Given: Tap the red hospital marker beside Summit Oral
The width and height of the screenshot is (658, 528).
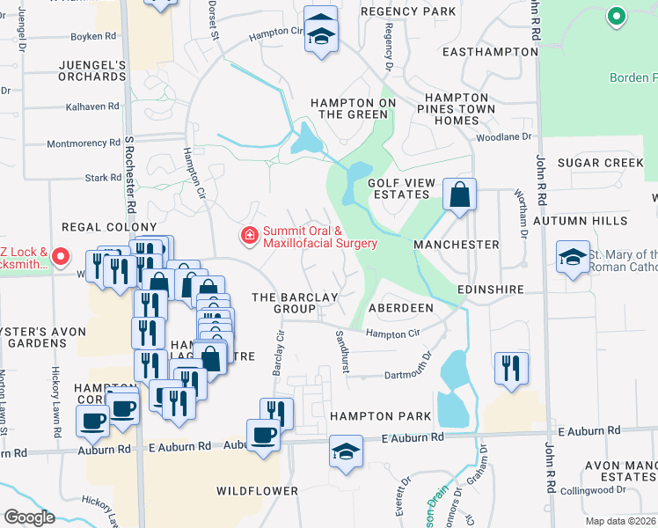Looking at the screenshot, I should click(x=250, y=234).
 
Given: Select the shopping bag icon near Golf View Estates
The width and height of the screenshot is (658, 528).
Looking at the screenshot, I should click(x=459, y=194).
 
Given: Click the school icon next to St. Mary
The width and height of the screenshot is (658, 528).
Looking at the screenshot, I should click(x=573, y=258).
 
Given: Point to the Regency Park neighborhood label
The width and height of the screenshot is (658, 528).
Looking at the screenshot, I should click(x=408, y=11).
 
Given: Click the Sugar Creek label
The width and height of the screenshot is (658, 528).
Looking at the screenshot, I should click(x=600, y=163).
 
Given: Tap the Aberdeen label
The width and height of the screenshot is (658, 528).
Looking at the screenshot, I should click(x=400, y=308).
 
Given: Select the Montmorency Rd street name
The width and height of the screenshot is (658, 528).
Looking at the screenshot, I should click(x=83, y=143).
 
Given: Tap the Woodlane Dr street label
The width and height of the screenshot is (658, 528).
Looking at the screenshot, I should click(x=505, y=137).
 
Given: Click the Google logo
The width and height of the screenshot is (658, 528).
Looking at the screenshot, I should click(x=29, y=517).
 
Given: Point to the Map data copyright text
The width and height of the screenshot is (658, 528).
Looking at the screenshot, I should click(x=620, y=521).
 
